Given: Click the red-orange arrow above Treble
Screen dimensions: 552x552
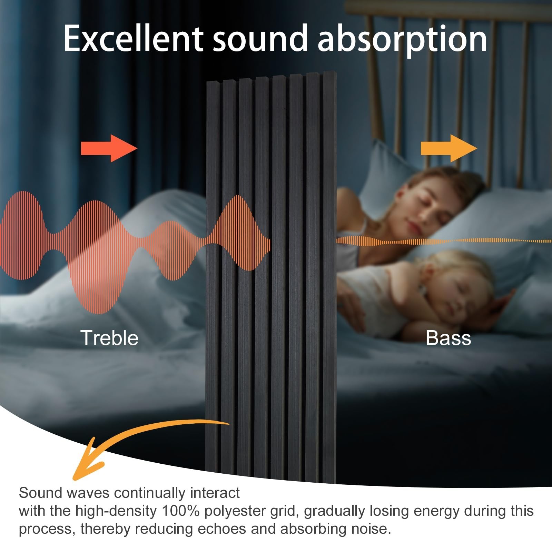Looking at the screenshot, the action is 109,148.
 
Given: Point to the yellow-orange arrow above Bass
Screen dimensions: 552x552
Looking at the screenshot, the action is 449,148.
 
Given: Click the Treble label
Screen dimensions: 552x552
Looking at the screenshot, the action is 109,338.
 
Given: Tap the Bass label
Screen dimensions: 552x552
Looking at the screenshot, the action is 448,338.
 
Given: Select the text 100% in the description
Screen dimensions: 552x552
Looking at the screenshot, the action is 180,511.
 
